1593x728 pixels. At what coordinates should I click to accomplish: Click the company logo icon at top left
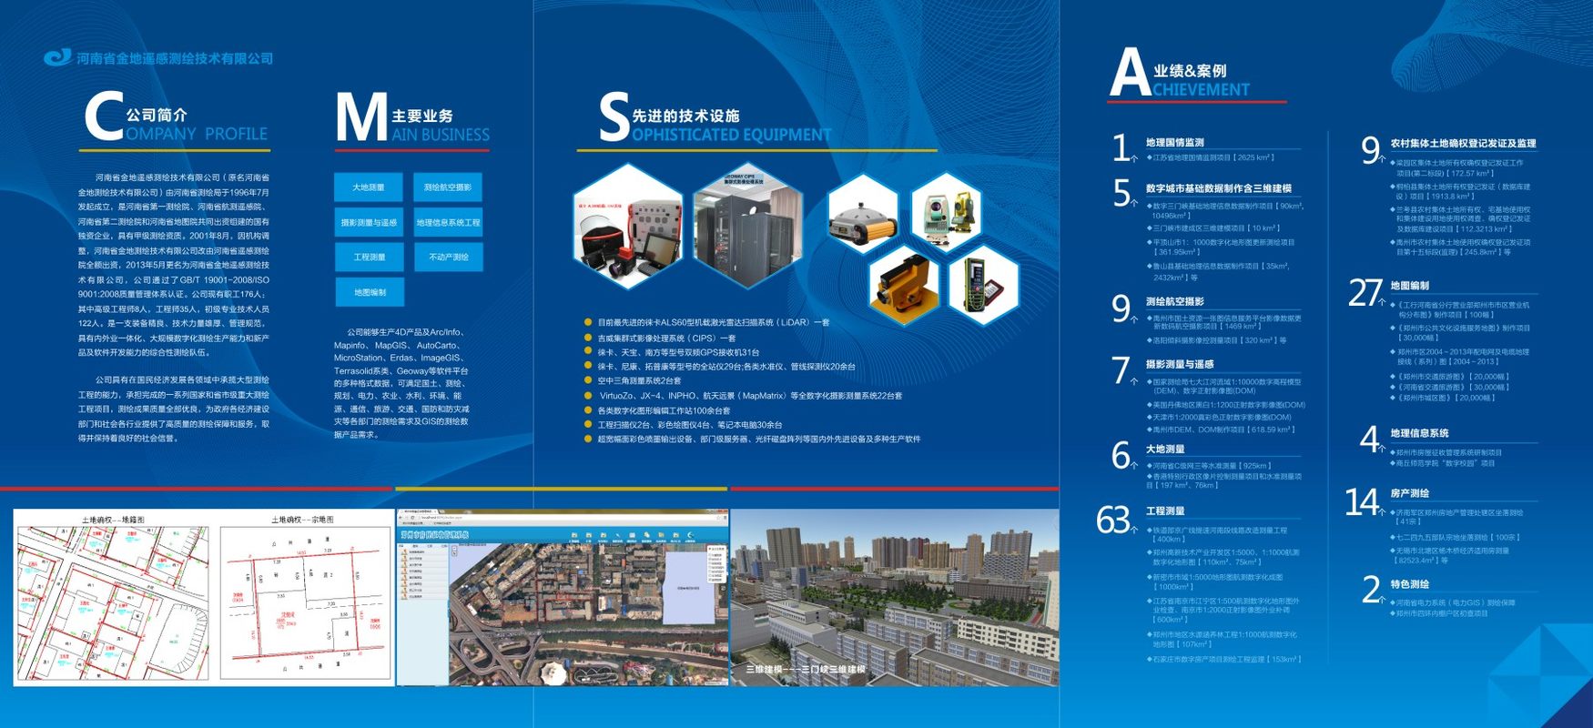pyautogui.click(x=57, y=57)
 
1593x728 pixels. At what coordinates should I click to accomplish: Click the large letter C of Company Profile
pyautogui.click(x=103, y=117)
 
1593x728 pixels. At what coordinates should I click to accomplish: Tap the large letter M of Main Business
pyautogui.click(x=360, y=118)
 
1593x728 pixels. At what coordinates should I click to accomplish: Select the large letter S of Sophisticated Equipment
pyautogui.click(x=614, y=118)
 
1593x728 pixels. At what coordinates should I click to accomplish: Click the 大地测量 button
pyautogui.click(x=369, y=187)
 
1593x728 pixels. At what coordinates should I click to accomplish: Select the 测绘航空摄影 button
pyautogui.click(x=448, y=187)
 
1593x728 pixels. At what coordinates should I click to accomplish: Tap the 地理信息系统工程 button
pyautogui.click(x=448, y=223)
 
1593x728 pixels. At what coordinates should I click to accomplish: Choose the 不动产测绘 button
pyautogui.click(x=448, y=258)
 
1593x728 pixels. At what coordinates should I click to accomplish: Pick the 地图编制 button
pyautogui.click(x=369, y=293)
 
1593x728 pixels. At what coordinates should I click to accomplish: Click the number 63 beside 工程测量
pyautogui.click(x=1113, y=520)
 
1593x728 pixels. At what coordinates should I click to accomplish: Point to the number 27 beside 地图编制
pyautogui.click(x=1365, y=292)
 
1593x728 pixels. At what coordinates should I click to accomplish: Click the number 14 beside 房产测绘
pyautogui.click(x=1362, y=501)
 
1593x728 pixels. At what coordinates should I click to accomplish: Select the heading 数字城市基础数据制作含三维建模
pyautogui.click(x=1218, y=188)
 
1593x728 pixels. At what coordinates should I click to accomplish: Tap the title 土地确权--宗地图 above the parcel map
pyautogui.click(x=302, y=520)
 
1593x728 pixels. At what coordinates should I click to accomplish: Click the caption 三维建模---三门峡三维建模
pyautogui.click(x=806, y=670)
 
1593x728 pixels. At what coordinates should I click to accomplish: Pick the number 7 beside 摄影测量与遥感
pyautogui.click(x=1121, y=370)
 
